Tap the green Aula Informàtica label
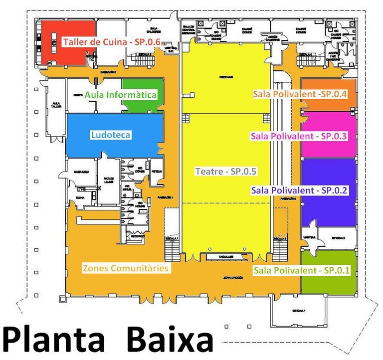[x=121, y=95]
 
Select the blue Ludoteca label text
[x=111, y=135]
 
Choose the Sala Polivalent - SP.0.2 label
[x=299, y=190]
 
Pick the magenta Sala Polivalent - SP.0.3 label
[x=299, y=136]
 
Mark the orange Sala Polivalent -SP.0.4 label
[x=300, y=94]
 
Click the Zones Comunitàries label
[x=126, y=268]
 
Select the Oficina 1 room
[x=299, y=311]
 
